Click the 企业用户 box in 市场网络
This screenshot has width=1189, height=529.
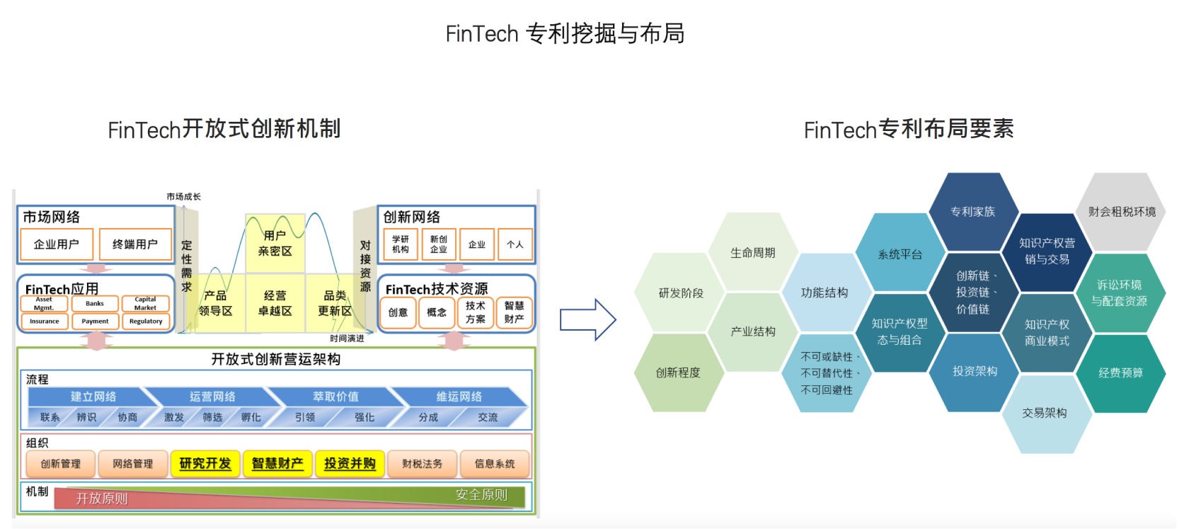click(x=57, y=244)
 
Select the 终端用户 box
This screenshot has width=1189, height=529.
click(x=135, y=244)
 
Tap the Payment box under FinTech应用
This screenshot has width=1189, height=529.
click(x=95, y=322)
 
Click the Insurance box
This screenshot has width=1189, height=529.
click(x=44, y=322)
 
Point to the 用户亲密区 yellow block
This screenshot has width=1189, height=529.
click(x=275, y=243)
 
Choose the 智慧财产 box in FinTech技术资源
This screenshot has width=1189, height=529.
click(x=514, y=312)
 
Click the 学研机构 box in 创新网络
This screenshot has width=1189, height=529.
click(x=401, y=244)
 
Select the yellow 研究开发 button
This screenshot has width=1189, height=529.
click(x=205, y=464)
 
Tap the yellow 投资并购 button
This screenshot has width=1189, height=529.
click(x=350, y=464)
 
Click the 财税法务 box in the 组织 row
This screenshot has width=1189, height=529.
click(x=422, y=464)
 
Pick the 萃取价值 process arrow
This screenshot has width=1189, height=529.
click(x=335, y=397)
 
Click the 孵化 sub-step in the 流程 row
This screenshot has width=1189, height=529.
click(x=251, y=418)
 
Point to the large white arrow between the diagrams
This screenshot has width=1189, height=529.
click(x=587, y=320)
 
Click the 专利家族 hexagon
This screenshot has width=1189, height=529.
click(x=972, y=212)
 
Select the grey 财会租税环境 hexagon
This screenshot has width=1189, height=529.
click(x=1122, y=212)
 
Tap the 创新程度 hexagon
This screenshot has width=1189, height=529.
click(x=678, y=372)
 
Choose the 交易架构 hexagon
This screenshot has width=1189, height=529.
click(x=1045, y=413)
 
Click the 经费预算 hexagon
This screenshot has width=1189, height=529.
click(x=1120, y=372)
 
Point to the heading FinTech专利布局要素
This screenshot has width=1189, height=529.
click(x=909, y=130)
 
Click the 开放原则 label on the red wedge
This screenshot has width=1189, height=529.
click(x=102, y=499)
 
